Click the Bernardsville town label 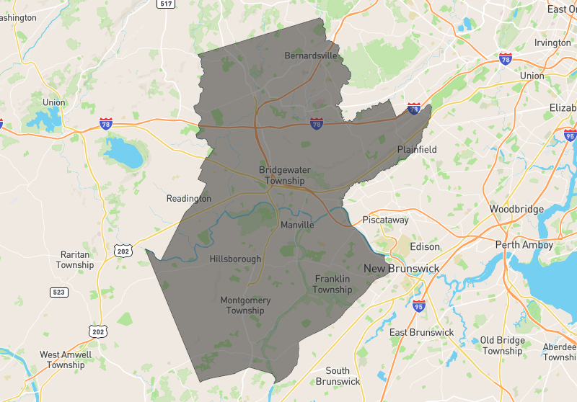coord(311,55)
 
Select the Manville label coord(297,225)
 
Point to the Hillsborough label coord(235,259)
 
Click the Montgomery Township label coord(245,305)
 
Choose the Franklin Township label coord(332,284)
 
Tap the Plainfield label coord(417,150)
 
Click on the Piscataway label coord(385,220)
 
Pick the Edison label coord(424,246)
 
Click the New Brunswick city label coord(401,269)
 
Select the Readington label coord(189,199)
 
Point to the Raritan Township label coord(75,259)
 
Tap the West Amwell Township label coord(66,359)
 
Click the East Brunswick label coord(422,332)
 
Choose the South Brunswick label coord(338,375)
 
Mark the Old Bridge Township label coord(502,345)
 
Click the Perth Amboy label coord(524,245)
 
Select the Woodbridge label coord(516,209)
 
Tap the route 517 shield coord(166,4)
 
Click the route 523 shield coord(59,292)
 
